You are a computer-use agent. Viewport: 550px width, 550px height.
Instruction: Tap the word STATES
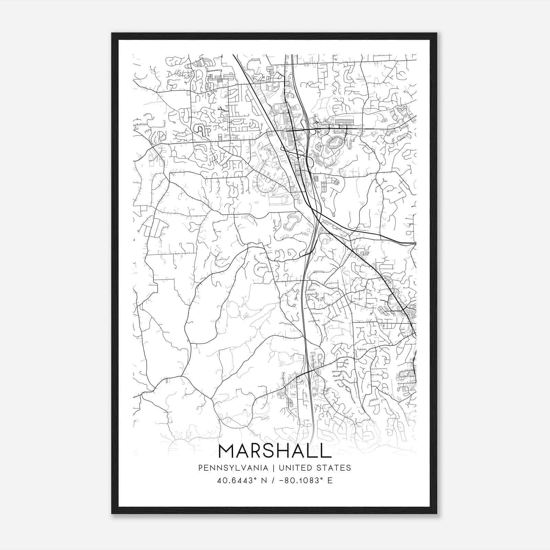click(335, 468)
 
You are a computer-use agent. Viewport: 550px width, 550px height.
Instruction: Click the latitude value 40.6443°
click(238, 481)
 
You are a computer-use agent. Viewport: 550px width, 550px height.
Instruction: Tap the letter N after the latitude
click(265, 481)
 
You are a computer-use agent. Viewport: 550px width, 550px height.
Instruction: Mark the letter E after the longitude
click(330, 481)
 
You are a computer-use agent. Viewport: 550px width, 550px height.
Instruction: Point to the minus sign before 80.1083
click(282, 481)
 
